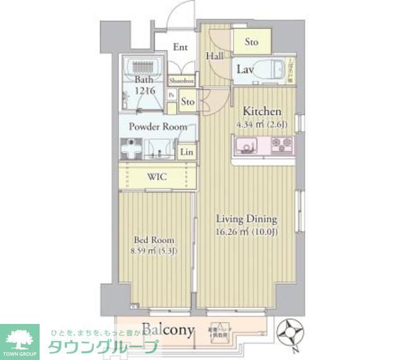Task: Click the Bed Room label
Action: coord(154,240)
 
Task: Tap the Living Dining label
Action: coord(246,220)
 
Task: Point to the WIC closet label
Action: coord(157,177)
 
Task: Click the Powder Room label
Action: coord(158,127)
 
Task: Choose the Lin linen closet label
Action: coord(186,152)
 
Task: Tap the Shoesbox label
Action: coord(181,81)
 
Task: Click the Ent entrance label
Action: coord(180,47)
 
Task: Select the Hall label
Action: coord(213,56)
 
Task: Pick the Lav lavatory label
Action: coord(246,69)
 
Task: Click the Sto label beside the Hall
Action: coord(252,42)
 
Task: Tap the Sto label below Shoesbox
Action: coord(187,101)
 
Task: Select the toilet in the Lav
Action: coord(273,70)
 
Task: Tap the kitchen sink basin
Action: coord(244,147)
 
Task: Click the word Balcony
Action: coord(167,329)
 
